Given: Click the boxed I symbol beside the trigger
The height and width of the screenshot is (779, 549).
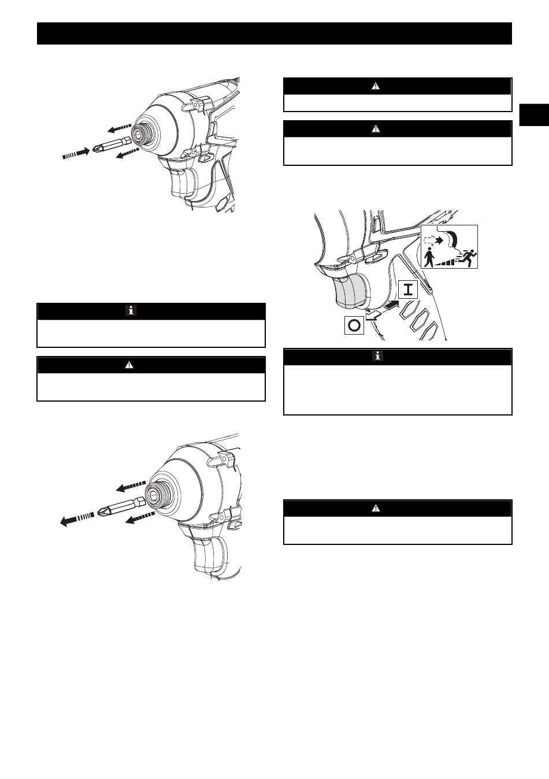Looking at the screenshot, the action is [408, 290].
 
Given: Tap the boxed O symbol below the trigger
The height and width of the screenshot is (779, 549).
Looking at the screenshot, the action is [354, 325].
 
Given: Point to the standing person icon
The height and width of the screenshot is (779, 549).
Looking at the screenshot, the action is [429, 257].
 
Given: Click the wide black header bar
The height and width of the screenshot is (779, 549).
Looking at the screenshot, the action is [274, 34].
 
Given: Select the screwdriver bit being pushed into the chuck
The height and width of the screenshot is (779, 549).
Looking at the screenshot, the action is [112, 146].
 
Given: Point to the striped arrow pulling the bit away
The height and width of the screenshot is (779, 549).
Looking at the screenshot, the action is [77, 519].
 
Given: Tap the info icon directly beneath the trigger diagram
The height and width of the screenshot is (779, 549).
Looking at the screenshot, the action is [377, 356].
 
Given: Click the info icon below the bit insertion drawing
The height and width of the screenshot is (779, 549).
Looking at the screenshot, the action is [131, 310].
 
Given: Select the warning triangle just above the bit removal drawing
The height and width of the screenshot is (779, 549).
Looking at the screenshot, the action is [129, 365].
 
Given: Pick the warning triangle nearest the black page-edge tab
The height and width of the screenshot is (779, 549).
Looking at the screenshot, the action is [376, 86].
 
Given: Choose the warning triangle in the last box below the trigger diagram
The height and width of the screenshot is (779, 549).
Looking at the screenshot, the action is [376, 508].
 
